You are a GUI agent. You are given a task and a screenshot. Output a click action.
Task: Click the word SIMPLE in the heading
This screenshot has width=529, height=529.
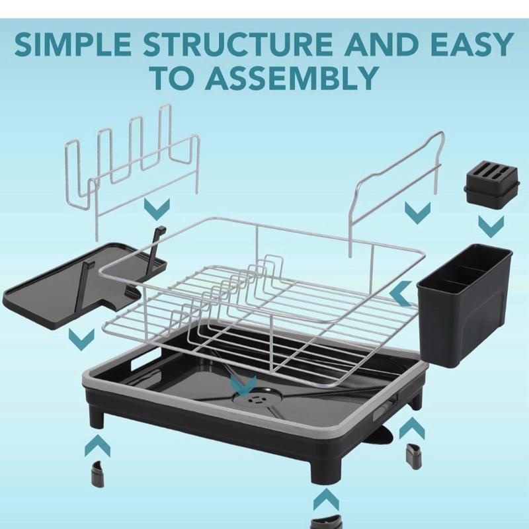[x=73, y=44]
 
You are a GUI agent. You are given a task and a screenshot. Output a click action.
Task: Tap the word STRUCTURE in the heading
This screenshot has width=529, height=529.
[x=238, y=44]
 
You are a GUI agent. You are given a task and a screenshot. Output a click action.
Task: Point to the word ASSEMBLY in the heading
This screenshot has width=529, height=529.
[x=291, y=78]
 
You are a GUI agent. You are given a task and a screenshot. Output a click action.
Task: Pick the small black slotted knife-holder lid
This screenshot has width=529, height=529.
[x=491, y=186]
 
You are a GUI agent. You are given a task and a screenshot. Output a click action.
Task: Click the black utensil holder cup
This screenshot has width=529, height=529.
[x=465, y=305]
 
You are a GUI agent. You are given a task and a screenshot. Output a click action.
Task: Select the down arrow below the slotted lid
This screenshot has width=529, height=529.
[x=491, y=226]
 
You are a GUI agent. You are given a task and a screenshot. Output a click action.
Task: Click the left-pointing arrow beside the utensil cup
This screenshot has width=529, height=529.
[x=401, y=294]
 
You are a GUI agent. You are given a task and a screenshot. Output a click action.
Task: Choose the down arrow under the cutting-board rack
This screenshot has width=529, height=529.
[x=157, y=209]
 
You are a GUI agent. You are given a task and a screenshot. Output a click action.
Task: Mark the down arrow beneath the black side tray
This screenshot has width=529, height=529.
[x=81, y=339]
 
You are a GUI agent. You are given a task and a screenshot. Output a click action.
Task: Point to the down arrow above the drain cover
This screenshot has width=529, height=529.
[x=243, y=386]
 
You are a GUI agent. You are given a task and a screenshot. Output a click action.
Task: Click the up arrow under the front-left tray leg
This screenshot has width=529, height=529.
[x=97, y=446]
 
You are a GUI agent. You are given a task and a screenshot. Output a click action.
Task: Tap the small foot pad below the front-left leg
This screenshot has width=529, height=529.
[x=98, y=474]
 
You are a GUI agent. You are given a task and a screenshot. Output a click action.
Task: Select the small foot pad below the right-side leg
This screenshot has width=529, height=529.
[x=412, y=456]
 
